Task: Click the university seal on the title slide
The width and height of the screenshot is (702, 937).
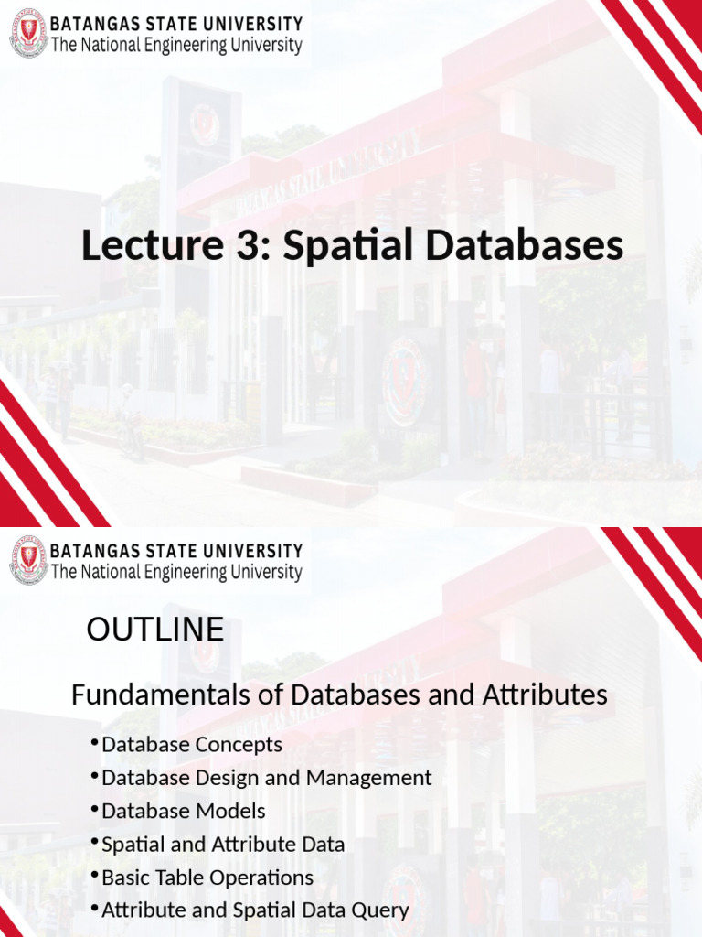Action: (28, 33)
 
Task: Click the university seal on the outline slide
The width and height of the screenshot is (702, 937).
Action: (28, 561)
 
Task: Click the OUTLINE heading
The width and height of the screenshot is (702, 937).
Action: (154, 630)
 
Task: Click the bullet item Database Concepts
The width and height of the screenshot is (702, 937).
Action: (192, 745)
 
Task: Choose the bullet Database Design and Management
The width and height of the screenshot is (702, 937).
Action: (266, 778)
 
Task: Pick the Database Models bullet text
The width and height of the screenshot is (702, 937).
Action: (183, 811)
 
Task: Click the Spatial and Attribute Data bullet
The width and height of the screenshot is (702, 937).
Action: (223, 845)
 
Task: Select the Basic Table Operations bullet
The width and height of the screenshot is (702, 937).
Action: (207, 878)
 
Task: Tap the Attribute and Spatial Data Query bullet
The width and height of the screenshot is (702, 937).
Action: (255, 910)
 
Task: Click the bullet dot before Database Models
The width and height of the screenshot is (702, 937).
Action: (95, 809)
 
